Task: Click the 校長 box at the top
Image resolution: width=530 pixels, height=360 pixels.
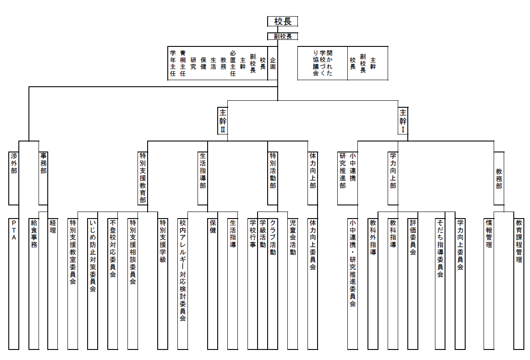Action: pyautogui.click(x=283, y=21)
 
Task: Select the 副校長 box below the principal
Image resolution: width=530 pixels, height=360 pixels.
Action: pyautogui.click(x=283, y=36)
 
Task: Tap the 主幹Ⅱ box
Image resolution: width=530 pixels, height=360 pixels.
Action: pyautogui.click(x=223, y=120)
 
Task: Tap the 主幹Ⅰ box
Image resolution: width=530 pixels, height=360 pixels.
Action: pyautogui.click(x=403, y=120)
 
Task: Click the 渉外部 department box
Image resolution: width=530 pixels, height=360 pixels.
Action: pyautogui.click(x=14, y=178)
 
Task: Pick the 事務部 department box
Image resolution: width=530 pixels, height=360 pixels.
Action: pyautogui.click(x=43, y=178)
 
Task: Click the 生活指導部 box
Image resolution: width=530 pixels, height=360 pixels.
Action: pyautogui.click(x=202, y=178)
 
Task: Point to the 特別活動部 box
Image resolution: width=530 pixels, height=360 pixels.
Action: pyautogui.click(x=272, y=178)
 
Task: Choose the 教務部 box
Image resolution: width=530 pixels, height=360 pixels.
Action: pyautogui.click(x=499, y=178)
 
